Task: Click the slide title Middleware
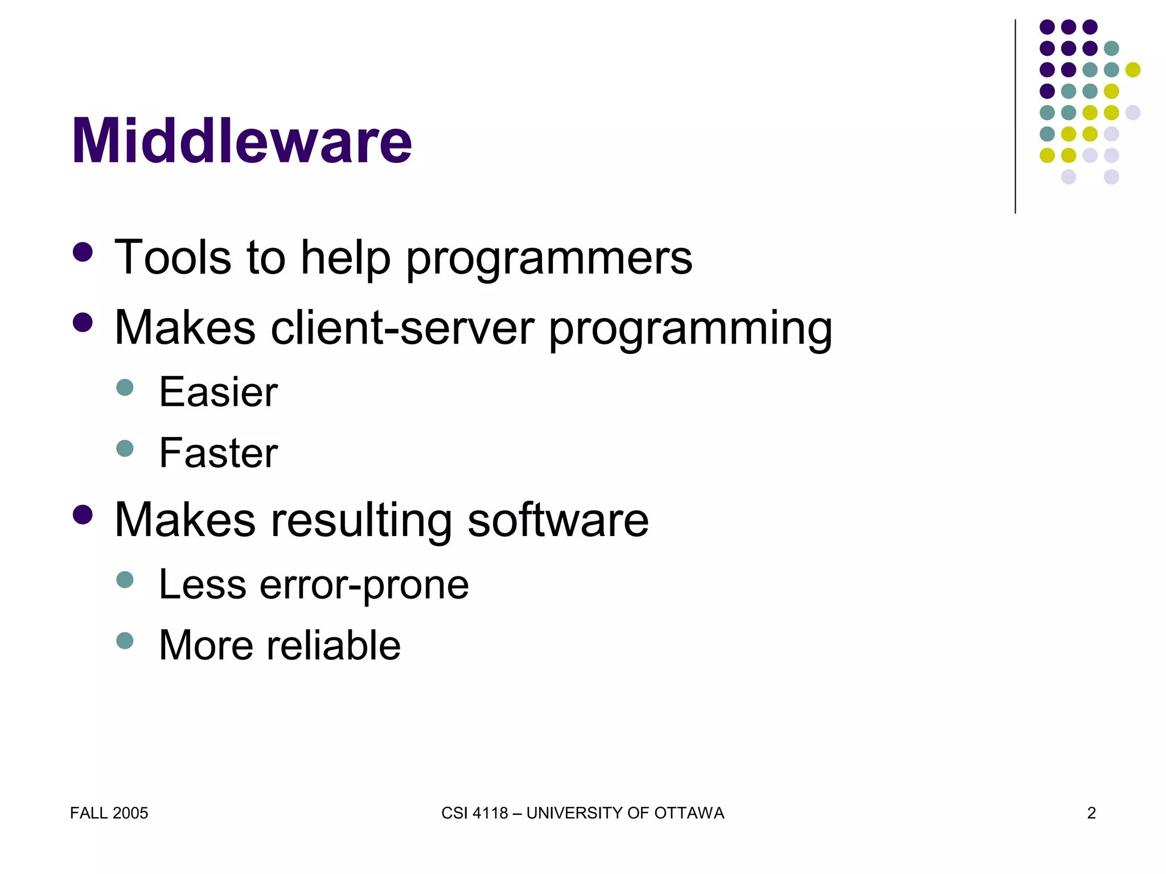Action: (241, 141)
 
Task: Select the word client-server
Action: (403, 328)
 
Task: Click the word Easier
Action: (218, 392)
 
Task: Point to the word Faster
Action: (218, 453)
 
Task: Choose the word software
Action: (558, 520)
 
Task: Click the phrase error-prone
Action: (364, 585)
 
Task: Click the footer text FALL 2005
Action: (109, 813)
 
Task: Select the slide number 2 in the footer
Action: (1091, 813)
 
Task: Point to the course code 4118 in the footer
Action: (490, 813)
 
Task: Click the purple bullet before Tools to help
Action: (83, 252)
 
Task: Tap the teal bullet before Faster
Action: (125, 448)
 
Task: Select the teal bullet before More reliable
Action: (125, 641)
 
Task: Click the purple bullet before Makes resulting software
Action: (83, 514)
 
